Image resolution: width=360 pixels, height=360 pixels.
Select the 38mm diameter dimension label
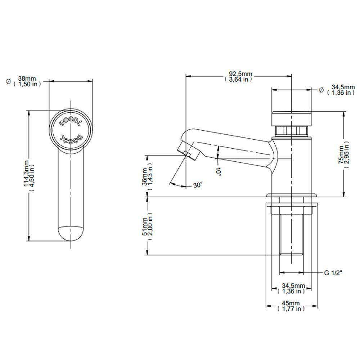coord(27,81)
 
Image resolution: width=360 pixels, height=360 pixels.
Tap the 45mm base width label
coord(291,306)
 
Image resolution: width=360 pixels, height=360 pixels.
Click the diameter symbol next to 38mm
coord(8,81)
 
